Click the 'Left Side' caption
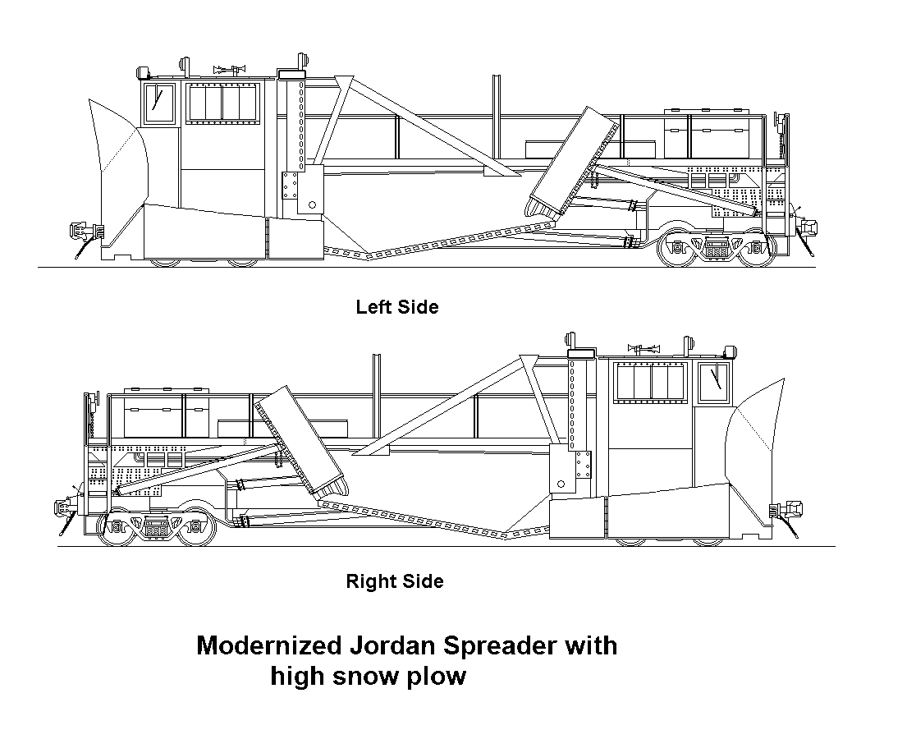(397, 307)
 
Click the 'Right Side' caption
(394, 581)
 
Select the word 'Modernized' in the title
(263, 645)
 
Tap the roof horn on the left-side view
(231, 70)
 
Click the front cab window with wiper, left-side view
(161, 103)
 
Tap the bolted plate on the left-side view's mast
(287, 185)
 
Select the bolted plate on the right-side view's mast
(583, 465)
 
